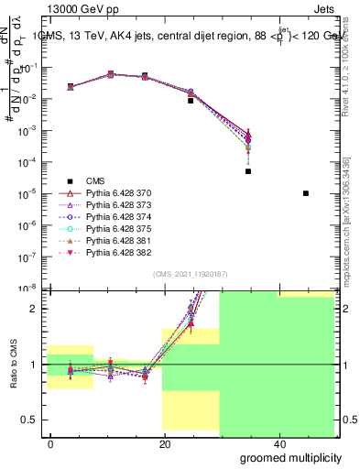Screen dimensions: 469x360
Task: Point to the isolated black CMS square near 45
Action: tap(305, 193)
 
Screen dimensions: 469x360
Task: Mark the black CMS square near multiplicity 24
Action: tap(191, 101)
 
